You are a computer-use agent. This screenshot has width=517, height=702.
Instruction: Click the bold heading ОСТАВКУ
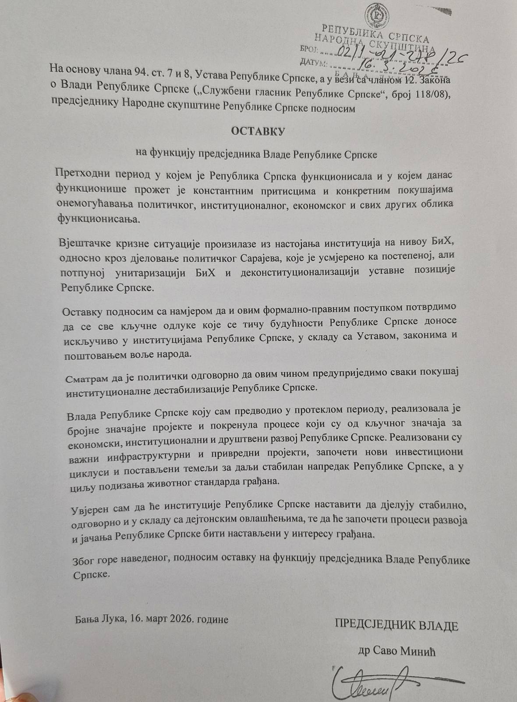click(x=258, y=131)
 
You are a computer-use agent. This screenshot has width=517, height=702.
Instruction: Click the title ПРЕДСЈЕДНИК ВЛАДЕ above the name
click(x=397, y=626)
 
